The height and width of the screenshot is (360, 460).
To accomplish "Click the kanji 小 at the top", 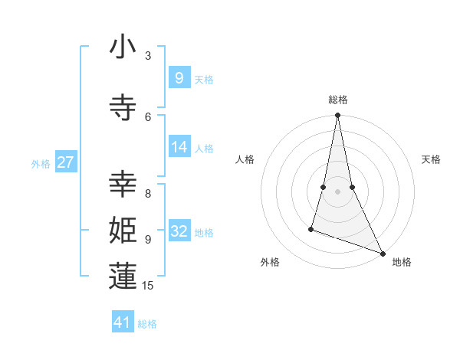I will (x=123, y=47).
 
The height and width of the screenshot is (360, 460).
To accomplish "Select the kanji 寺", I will (x=123, y=108).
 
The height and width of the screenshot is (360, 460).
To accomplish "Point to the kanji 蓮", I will (x=123, y=277).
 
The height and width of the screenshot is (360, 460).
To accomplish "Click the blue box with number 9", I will (x=179, y=77).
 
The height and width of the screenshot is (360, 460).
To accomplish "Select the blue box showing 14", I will (x=179, y=147).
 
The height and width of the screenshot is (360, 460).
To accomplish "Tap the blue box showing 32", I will (x=179, y=231).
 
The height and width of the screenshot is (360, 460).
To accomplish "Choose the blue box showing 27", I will (x=65, y=162).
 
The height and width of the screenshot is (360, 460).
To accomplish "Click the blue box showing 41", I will (x=123, y=322).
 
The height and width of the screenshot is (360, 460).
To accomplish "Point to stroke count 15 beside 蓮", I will (x=149, y=286).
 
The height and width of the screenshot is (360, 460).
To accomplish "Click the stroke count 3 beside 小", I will (x=148, y=55).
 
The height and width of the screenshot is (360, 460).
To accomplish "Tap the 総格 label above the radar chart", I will (x=337, y=100).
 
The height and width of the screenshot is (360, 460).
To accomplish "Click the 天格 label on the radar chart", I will (x=432, y=159).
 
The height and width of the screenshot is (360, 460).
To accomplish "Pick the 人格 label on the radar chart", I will (x=245, y=159).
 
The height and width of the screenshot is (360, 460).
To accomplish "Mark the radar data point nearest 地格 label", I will (x=382, y=253).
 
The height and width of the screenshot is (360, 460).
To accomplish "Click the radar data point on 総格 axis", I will (x=337, y=116).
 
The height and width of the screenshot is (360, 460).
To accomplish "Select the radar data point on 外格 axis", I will (x=311, y=228).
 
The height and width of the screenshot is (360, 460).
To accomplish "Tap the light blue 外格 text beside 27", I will (x=41, y=163).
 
